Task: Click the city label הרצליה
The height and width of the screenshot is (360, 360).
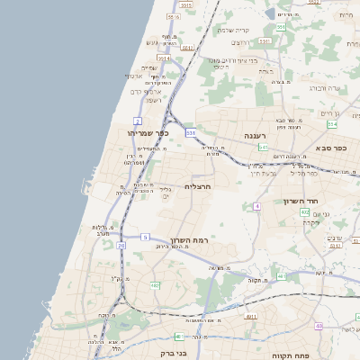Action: (197, 186)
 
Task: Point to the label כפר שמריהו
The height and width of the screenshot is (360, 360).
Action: (148, 133)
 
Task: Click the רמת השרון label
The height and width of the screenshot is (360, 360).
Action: (188, 240)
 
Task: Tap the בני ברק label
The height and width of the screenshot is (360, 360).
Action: (171, 354)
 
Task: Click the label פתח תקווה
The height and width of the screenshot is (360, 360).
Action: (315, 355)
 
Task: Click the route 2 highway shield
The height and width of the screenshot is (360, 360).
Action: (138, 120)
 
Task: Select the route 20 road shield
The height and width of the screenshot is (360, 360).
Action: (121, 245)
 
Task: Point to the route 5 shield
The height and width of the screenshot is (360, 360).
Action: (145, 237)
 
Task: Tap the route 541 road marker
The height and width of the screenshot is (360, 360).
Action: (263, 147)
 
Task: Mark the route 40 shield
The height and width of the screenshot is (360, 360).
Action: (319, 325)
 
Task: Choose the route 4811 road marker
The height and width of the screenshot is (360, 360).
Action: (251, 317)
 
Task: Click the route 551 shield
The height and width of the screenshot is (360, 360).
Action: (280, 27)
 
